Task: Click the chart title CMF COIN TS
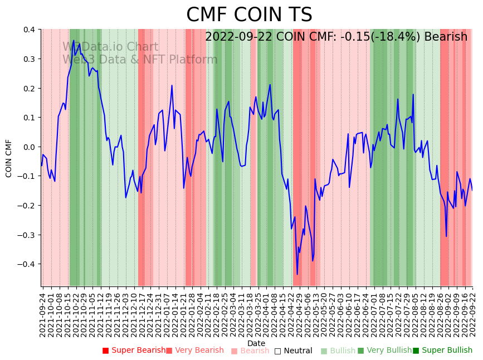click(x=249, y=15)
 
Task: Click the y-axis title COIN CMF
click(x=9, y=158)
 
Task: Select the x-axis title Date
click(x=256, y=343)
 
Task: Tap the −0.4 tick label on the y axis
click(x=26, y=264)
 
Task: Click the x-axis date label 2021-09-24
click(x=43, y=312)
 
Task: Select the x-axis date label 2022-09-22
click(x=473, y=312)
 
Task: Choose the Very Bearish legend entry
click(x=194, y=351)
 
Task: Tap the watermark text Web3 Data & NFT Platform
click(x=140, y=60)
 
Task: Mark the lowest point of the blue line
click(x=297, y=274)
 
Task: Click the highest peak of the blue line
click(x=73, y=40)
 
